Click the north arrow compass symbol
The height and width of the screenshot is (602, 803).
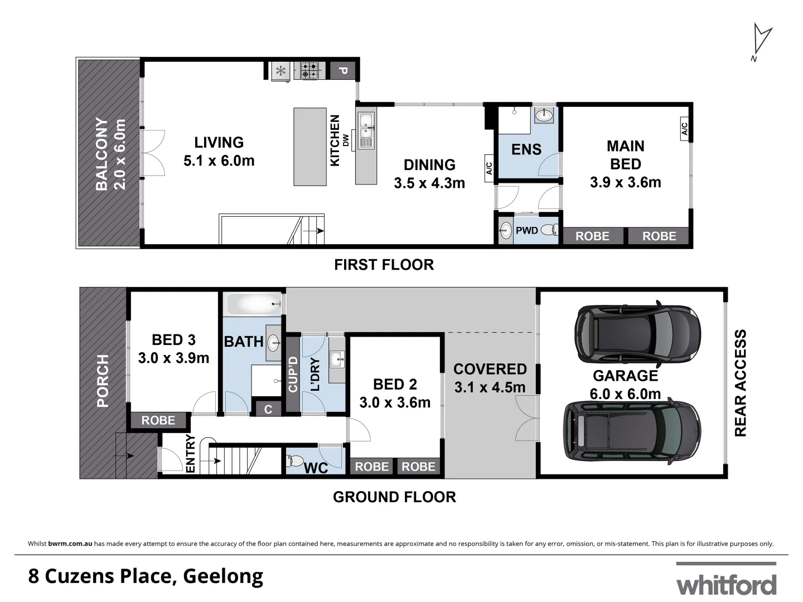[761, 40]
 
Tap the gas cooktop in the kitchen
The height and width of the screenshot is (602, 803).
[310, 71]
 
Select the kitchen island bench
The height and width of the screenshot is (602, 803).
[310, 147]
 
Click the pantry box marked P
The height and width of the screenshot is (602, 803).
[344, 71]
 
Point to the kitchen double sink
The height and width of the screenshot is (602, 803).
[366, 130]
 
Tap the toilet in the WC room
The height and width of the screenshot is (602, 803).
[293, 462]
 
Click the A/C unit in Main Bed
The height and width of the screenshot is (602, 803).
[685, 129]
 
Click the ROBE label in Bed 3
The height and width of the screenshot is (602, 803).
[158, 420]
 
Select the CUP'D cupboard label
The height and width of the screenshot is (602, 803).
[293, 373]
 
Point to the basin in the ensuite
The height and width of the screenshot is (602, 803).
[543, 116]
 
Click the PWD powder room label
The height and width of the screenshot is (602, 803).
[526, 230]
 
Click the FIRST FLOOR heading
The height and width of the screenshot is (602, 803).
[384, 265]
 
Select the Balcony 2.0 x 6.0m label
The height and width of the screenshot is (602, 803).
[110, 154]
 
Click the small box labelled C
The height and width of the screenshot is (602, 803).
[268, 409]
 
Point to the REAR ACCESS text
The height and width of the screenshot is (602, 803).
[739, 383]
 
